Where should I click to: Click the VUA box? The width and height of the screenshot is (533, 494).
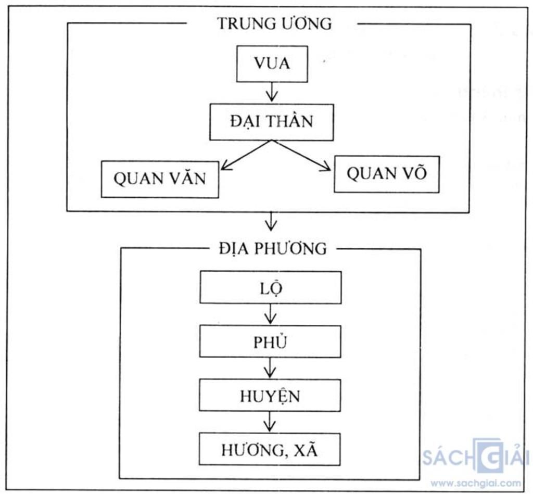[x=272, y=64]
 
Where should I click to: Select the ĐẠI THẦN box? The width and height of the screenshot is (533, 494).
[x=271, y=122]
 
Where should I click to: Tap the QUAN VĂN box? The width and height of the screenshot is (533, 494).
[x=160, y=179]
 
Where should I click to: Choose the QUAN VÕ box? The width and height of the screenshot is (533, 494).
[x=386, y=174]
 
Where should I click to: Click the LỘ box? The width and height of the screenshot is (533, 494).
[x=270, y=287]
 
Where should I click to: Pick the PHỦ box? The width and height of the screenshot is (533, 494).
[x=270, y=341]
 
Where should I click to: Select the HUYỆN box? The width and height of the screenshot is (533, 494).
[x=270, y=396]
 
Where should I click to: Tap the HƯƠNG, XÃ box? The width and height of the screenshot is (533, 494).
[x=269, y=449]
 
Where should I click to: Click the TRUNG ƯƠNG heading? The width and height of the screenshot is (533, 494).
[x=274, y=24]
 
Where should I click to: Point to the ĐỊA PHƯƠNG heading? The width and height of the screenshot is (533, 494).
[x=273, y=249]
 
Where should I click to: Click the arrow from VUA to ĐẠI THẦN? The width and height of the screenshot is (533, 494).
[x=271, y=93]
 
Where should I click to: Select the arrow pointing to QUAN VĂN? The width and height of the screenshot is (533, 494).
[x=245, y=155]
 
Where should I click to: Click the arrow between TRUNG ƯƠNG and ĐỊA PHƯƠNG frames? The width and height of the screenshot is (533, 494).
[x=271, y=221]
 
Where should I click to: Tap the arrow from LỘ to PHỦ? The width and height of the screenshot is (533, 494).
[x=270, y=314]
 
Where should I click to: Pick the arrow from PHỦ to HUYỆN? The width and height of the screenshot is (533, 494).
[x=270, y=368]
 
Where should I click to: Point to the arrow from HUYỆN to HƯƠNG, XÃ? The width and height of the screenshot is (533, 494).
[x=269, y=422]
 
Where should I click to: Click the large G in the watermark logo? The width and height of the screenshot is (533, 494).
[x=487, y=455]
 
